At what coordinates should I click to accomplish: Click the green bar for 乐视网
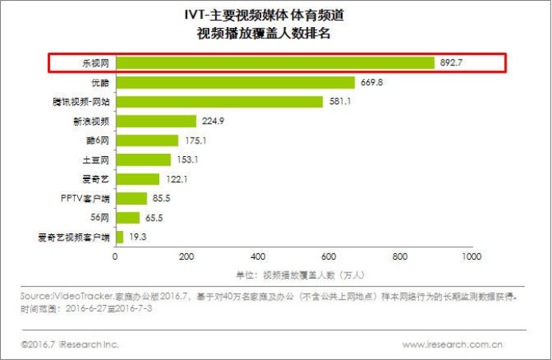275,63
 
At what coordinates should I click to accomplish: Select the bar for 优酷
235,82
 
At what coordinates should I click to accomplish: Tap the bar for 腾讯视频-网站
219,102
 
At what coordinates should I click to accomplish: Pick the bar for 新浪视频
156,121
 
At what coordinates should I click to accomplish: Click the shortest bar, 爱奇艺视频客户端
119,237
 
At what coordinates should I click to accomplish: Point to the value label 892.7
450,63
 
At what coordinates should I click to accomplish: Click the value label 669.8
370,82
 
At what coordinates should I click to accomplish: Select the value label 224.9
212,121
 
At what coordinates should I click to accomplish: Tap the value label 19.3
138,237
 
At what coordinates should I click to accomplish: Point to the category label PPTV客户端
87,198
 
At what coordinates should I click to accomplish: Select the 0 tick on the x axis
115,257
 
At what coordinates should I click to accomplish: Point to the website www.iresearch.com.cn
452,344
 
